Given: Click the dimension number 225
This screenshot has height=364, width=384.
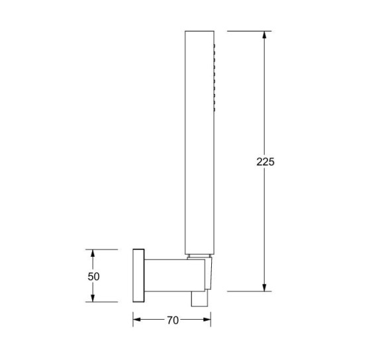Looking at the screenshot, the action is [265, 161].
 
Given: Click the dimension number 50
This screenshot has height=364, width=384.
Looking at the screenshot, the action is [93, 277].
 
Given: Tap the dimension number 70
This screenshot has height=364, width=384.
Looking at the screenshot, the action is [173, 320].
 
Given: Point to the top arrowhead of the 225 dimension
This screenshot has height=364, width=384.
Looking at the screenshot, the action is [264, 35].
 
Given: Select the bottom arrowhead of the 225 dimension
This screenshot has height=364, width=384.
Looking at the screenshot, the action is [264, 288].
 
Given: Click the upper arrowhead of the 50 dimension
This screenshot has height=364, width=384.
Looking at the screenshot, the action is [93, 253].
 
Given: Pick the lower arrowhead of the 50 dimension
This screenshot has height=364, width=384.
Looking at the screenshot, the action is [93, 298].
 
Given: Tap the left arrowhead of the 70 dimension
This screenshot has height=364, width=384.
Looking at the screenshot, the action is [136, 320].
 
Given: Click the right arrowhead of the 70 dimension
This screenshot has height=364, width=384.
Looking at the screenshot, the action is [207, 320].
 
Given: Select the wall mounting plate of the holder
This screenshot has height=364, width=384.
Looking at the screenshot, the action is [138, 275].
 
